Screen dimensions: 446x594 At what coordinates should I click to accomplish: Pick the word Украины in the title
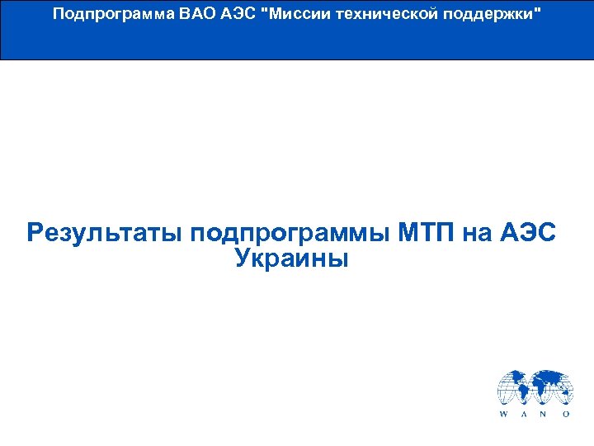pyautogui.click(x=292, y=259)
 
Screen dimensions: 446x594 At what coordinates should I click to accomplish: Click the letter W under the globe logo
pyautogui.click(x=503, y=414)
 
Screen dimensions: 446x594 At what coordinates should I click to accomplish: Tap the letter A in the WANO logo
pyautogui.click(x=525, y=414)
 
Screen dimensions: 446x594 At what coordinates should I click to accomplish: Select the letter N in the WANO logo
pyautogui.click(x=544, y=414)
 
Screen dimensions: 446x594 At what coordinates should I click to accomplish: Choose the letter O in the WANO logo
pyautogui.click(x=566, y=414)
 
